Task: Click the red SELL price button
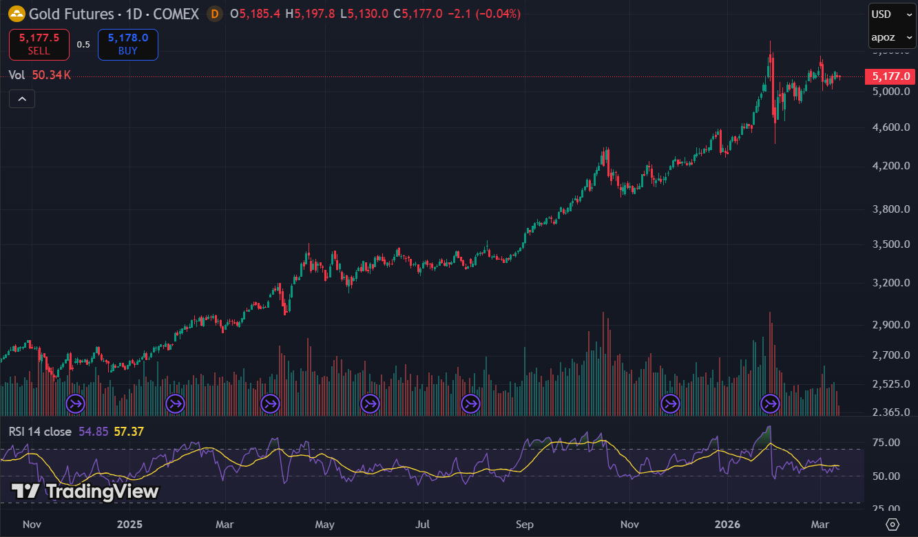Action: point(39,45)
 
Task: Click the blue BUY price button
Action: point(127,45)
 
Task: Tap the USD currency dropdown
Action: point(892,14)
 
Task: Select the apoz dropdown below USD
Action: point(892,37)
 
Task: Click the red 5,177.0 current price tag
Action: point(891,76)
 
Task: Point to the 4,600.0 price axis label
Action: point(891,127)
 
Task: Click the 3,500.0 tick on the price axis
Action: point(891,244)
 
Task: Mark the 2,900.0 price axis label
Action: point(891,325)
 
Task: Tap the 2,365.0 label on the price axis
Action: point(891,412)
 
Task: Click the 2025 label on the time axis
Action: point(129,525)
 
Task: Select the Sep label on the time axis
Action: point(525,525)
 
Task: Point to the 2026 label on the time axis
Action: point(728,525)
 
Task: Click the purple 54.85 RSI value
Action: point(93,432)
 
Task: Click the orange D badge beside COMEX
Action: point(215,14)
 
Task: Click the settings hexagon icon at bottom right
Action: point(893,525)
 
